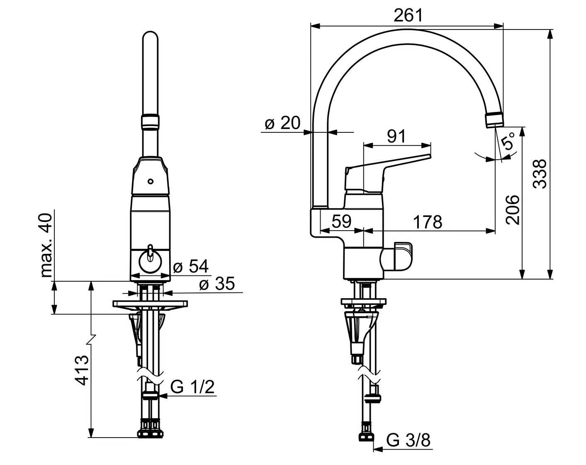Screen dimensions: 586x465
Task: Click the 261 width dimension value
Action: pos(408,15)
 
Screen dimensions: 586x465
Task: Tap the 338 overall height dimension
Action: pos(540,174)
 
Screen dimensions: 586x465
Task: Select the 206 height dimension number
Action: pos(513,209)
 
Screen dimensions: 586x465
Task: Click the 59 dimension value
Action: pos(341,221)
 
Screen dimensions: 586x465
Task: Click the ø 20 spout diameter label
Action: pos(283,123)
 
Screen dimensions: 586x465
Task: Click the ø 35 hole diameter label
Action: pos(217,283)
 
